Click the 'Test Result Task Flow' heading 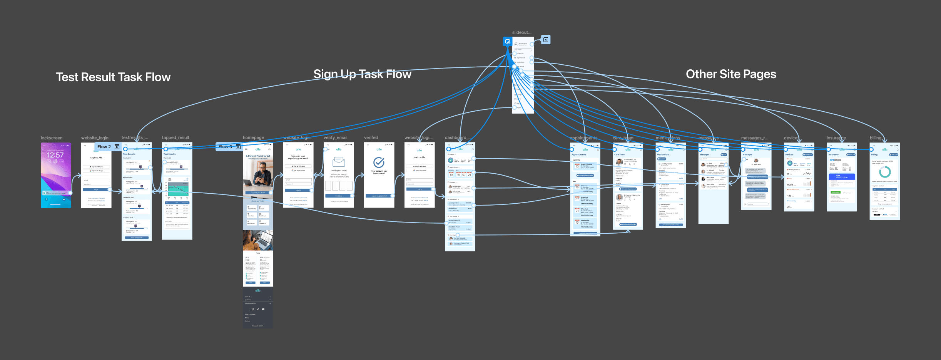click(113, 77)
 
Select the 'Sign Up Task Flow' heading click(362, 74)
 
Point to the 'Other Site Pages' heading click(731, 74)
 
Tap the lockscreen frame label click(52, 138)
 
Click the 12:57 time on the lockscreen click(55, 155)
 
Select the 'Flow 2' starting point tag click(104, 147)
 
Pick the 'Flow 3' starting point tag click(226, 147)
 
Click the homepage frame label click(253, 137)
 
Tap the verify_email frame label click(335, 137)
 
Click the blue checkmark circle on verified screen click(379, 162)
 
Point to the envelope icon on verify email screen click(339, 161)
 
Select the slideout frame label click(521, 32)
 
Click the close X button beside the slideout click(546, 40)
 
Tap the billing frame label click(875, 138)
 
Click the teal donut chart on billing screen click(885, 172)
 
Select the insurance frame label click(836, 138)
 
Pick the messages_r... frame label click(754, 138)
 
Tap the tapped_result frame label click(175, 137)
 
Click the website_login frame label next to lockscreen click(95, 138)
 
